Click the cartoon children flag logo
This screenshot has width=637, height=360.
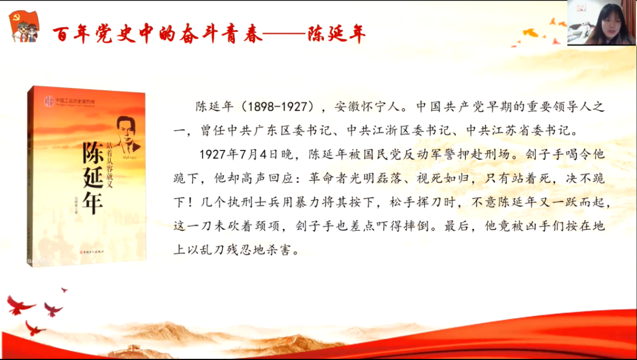pyautogui.click(x=24, y=27)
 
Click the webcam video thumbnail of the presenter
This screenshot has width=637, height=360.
pyautogui.click(x=601, y=23)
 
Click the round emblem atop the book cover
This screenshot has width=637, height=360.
pyautogui.click(x=50, y=101)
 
